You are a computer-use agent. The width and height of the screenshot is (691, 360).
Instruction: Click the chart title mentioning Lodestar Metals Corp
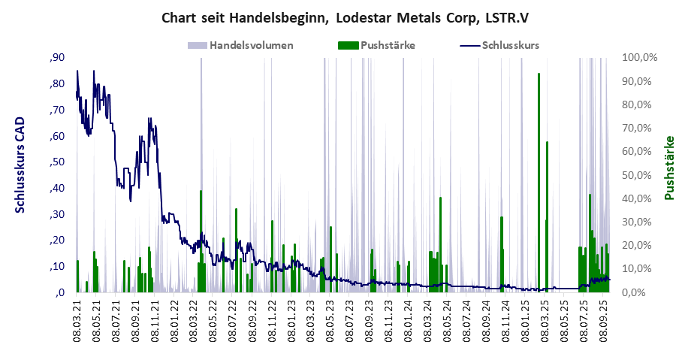click(x=345, y=17)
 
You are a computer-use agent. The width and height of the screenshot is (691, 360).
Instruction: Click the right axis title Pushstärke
click(x=669, y=168)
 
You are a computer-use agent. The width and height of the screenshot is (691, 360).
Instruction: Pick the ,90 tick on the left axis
click(x=56, y=58)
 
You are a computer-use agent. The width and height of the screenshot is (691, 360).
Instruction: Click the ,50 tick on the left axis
click(x=56, y=162)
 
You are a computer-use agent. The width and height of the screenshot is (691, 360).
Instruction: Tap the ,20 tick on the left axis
click(x=56, y=241)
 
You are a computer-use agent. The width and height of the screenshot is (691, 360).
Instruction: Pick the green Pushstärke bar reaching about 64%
click(x=547, y=218)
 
